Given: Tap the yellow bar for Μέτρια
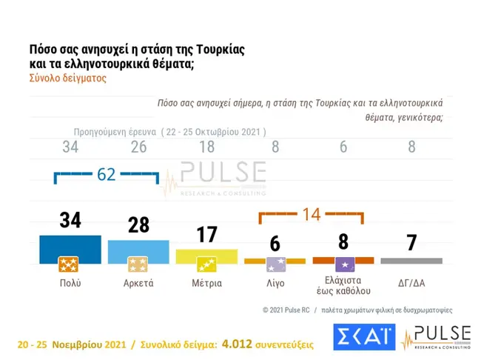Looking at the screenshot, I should point(206,256).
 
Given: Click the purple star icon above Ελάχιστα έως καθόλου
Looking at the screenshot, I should point(343,264).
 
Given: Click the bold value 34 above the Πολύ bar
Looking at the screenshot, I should point(70,220).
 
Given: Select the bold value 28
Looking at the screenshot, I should point(138,224).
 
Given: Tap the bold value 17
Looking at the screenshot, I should point(206,235).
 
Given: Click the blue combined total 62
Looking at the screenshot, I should point(107,175).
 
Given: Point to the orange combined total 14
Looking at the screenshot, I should point(310,215).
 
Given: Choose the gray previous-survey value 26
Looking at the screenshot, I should point(138,147).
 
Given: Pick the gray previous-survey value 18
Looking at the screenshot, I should point(206,147).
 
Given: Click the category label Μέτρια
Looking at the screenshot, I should point(206,283).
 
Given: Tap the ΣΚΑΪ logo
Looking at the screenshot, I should point(363,337).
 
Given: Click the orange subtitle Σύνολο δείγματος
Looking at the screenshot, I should point(67,78).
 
